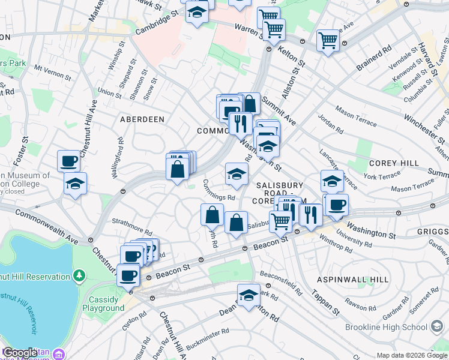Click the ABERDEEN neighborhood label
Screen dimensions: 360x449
click(142, 119)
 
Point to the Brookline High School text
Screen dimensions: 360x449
click(385, 327)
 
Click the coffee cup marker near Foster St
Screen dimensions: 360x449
click(68, 161)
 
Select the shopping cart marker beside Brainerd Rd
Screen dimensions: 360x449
click(328, 41)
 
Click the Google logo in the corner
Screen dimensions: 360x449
click(19, 353)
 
